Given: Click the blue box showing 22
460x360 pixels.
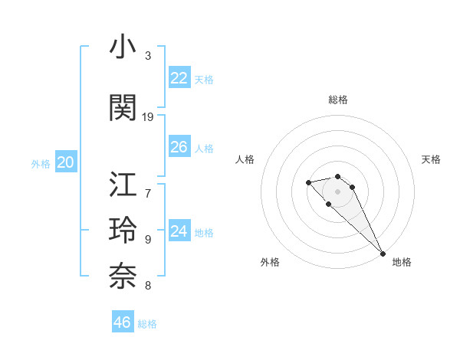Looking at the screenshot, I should coord(179,78).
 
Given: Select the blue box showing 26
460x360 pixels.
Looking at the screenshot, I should coord(179,147).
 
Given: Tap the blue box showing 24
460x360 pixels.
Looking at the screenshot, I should coord(179,231).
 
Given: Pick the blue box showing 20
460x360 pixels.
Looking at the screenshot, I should coord(66,162).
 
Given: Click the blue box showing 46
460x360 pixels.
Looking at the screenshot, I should coord(123,322).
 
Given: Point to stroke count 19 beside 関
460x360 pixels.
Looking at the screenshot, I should coord(148,117).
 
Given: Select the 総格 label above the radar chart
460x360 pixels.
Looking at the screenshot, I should coord(338,100).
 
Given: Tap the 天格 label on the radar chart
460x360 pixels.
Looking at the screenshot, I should coord(431,159).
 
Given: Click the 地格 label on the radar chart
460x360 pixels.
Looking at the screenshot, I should coord(401,262).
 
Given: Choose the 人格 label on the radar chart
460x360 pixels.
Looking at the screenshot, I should coord(245,159).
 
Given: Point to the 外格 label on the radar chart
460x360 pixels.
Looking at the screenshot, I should coord(270,262).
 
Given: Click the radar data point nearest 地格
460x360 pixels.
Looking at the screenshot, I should coord(383,254).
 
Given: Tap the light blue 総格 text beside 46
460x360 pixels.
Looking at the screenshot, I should coord(147,324).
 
